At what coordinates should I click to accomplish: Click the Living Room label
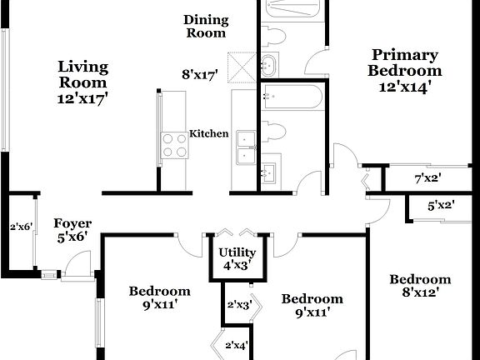point(82,74)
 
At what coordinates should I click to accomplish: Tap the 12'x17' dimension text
point(82,97)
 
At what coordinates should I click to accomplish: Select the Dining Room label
point(205,27)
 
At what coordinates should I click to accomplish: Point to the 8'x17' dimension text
point(199,75)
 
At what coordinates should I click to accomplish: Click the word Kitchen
point(209,133)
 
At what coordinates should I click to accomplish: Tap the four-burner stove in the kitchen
point(174,146)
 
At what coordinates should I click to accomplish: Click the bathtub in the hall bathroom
point(288,98)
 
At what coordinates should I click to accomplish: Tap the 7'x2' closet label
point(427,178)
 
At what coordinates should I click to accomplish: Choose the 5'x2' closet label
point(440,205)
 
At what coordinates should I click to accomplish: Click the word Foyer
point(72,223)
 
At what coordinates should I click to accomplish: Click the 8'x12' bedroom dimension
point(420,292)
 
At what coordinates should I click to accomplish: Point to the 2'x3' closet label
point(238,305)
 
